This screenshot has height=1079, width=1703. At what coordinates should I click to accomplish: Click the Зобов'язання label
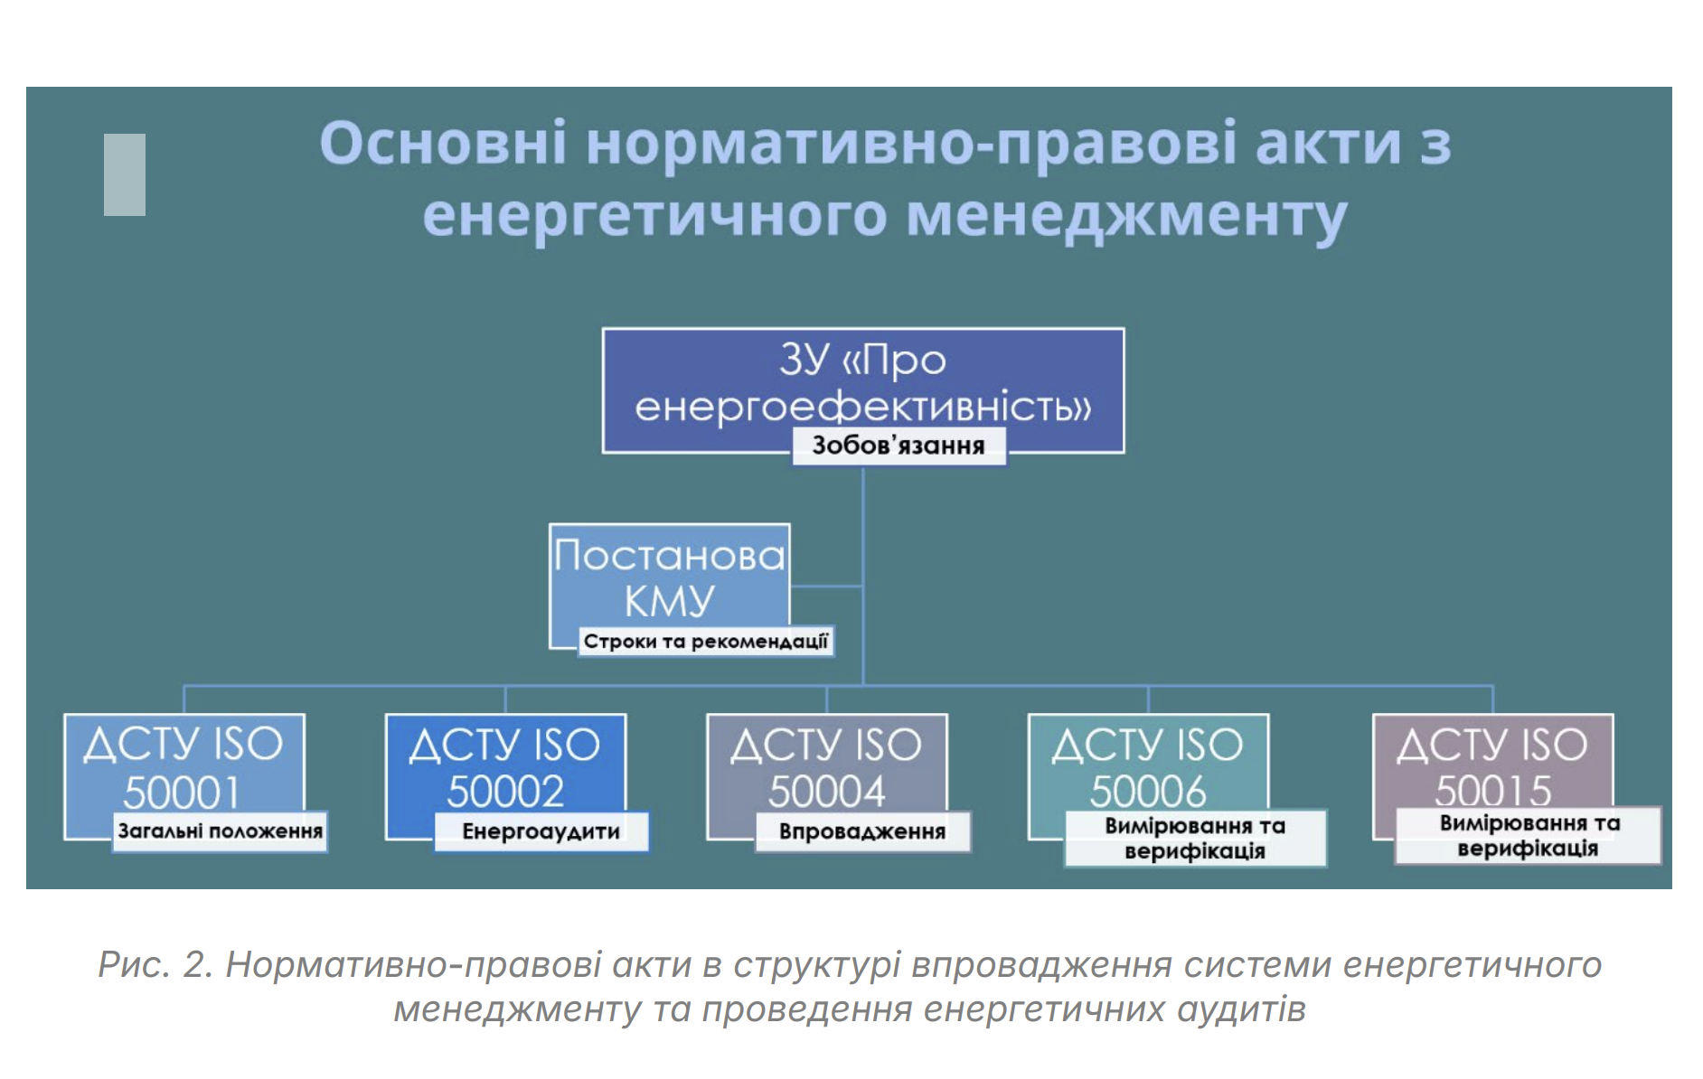point(899,446)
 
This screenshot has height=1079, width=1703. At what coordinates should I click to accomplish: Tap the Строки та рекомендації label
point(706,641)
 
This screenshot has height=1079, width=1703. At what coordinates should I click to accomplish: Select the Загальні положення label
point(221,831)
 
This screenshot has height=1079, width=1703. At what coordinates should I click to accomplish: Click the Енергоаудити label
point(541,831)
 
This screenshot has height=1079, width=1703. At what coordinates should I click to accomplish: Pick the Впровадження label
point(862,831)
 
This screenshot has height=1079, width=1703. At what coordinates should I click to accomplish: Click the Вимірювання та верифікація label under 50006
point(1195,838)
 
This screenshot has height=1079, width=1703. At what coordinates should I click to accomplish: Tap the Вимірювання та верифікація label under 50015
point(1529,835)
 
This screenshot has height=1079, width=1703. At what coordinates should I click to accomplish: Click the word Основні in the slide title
point(443,143)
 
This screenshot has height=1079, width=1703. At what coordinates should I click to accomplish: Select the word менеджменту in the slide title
point(1126,217)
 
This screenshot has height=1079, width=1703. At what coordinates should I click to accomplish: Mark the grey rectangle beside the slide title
point(125,174)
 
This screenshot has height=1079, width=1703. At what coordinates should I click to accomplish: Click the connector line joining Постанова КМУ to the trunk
point(827,586)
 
